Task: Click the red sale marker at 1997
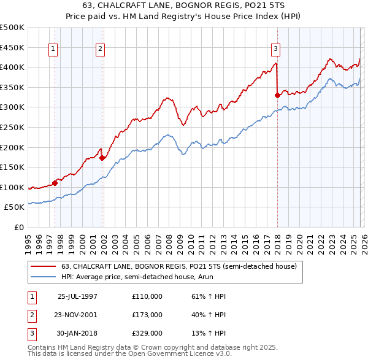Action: click(55, 182)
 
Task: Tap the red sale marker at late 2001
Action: click(102, 158)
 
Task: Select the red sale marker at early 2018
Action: click(277, 95)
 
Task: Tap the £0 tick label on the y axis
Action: click(19, 228)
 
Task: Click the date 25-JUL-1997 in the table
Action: click(77, 296)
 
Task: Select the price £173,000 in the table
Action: click(147, 315)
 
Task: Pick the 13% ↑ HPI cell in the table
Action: click(205, 333)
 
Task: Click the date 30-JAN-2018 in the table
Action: click(77, 333)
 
